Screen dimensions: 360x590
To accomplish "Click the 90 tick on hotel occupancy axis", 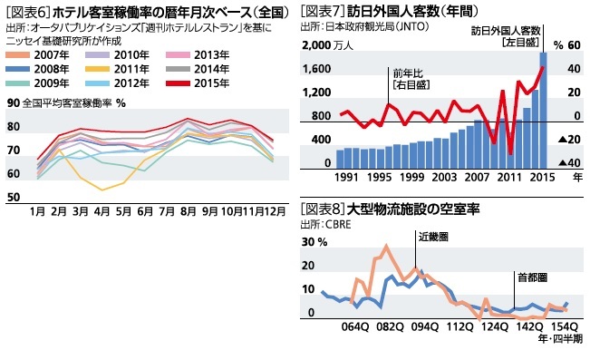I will pos(13,102).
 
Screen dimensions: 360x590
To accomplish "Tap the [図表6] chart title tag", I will pos(28,12).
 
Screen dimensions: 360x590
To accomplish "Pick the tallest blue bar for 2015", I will pos(544,107).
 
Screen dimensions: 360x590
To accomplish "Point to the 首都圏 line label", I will pos(531,277).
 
